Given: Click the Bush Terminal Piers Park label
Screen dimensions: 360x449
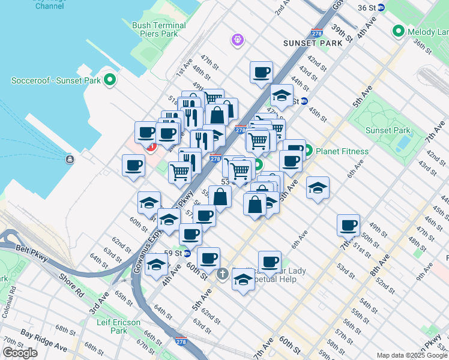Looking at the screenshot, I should (x=155, y=29).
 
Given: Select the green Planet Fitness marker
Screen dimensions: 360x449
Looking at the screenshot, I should (x=308, y=151).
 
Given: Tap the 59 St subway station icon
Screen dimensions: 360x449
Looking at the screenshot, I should (x=187, y=253).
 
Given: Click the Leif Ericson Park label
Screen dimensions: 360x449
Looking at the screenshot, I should (x=118, y=326).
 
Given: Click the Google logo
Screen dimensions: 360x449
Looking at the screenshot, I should (x=20, y=353).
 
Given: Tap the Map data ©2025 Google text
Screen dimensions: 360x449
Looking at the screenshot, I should (x=412, y=355).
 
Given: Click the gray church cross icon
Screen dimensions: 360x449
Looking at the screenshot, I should (x=223, y=275).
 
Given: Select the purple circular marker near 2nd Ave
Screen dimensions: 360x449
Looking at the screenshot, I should (x=238, y=40).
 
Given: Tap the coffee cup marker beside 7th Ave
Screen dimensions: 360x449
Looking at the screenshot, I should (x=348, y=226).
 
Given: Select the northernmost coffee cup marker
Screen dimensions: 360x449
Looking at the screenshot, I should (x=261, y=73).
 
